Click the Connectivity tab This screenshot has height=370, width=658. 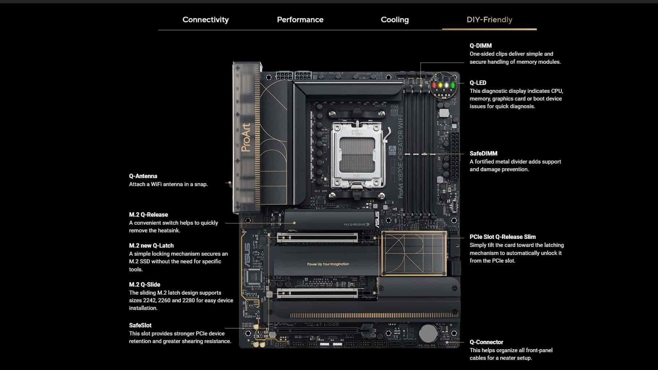pos(206,20)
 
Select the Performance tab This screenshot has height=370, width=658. pos(300,20)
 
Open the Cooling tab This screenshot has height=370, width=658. pos(395,20)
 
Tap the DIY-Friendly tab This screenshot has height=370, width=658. pos(489,20)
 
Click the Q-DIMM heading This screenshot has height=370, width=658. pos(480,46)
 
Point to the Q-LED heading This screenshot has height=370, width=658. pos(478,83)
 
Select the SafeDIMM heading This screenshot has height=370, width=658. pos(483,154)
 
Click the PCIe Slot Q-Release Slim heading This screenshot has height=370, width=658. pos(503,237)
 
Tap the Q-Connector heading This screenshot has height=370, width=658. pos(486,342)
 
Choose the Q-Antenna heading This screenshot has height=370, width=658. pos(143,176)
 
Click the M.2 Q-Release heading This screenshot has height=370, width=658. pos(148,214)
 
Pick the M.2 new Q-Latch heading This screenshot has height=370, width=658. pos(151,245)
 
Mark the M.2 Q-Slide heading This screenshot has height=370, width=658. pos(144,284)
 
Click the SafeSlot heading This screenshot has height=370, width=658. pos(140,325)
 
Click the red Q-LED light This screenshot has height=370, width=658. pos(434,85)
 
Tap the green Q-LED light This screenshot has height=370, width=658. pos(453,85)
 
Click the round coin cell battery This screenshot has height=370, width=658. pos(428,333)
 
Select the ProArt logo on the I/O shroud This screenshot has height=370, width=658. pos(246,137)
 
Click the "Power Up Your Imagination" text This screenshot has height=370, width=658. pos(328,264)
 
